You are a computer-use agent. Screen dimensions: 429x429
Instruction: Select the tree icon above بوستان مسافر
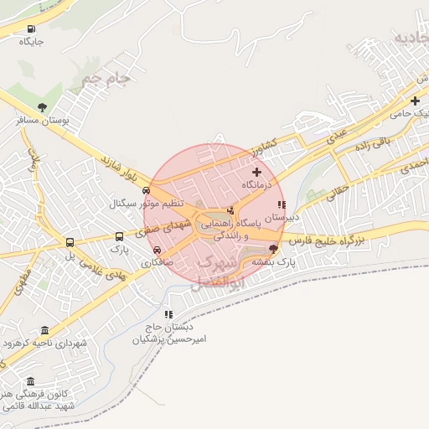43,107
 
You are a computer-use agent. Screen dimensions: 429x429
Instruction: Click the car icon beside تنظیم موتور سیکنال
147,190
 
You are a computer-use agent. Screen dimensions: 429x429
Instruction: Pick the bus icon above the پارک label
119,236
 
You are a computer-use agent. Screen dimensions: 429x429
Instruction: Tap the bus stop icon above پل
70,243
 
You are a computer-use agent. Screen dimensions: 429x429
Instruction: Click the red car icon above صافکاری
157,250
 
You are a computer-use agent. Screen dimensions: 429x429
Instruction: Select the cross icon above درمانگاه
256,171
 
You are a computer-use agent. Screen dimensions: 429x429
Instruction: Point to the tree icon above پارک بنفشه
273,249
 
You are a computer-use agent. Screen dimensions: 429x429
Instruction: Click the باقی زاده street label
372,147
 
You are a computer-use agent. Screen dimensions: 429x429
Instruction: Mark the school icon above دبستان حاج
169,314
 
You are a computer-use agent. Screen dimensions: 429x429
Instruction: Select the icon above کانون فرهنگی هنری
32,382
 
